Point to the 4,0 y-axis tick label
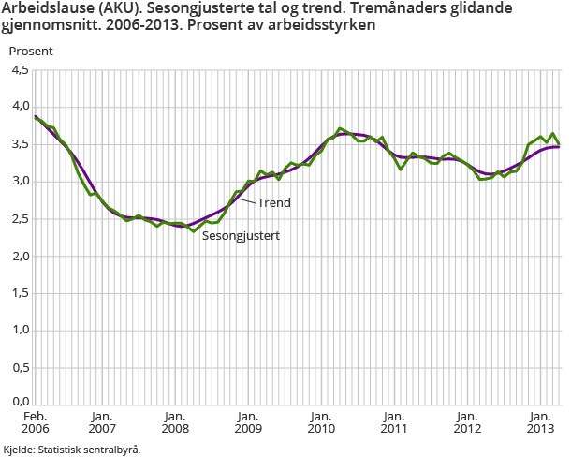point(20,107)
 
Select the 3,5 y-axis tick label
point(20,144)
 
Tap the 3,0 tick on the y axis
point(20,182)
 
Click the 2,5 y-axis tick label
point(20,219)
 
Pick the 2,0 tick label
point(20,257)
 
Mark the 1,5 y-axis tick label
point(20,293)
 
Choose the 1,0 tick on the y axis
point(20,331)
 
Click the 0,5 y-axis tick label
point(20,368)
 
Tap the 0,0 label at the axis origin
point(20,403)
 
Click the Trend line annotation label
point(273,202)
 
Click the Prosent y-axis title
point(32,51)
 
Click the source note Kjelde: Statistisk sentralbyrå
point(72,450)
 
